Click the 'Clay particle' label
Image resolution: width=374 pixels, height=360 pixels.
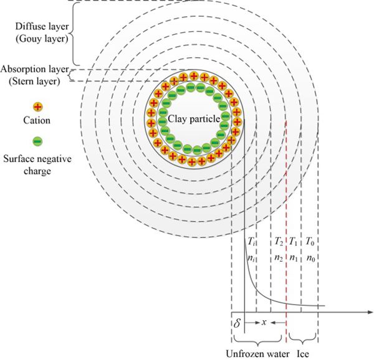194,119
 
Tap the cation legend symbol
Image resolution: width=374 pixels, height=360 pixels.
37,107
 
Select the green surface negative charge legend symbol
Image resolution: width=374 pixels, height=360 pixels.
37,141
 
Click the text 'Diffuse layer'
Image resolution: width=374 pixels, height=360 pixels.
42,26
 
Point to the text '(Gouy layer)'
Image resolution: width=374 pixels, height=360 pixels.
42,39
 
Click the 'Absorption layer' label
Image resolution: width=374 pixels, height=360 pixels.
35,69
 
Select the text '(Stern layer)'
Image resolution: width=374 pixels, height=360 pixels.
34,82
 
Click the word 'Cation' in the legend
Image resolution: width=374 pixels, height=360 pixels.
37,120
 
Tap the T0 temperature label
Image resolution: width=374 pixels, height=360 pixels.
310,242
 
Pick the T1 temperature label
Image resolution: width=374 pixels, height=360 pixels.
293,242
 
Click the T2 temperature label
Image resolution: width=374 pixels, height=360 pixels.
279,242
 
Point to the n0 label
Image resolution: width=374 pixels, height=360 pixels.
311,258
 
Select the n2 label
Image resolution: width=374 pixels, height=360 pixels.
279,258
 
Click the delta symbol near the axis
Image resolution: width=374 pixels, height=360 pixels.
237,323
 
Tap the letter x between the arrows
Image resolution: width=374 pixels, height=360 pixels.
264,323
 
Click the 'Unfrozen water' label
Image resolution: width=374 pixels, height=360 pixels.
257,354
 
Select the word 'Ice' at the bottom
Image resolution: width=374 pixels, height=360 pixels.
303,354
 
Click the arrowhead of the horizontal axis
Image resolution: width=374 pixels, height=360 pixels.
370,312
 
